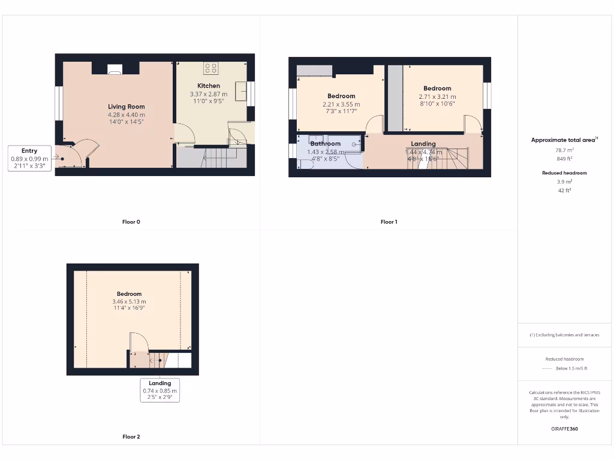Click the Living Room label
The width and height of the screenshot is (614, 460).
click(x=126, y=107)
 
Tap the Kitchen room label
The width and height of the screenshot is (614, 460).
click(x=209, y=86)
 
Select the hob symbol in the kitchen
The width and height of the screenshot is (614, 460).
click(x=210, y=68)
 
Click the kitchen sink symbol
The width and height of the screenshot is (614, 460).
click(x=242, y=92)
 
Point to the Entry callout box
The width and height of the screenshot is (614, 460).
click(x=29, y=158)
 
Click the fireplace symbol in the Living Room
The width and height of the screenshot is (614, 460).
click(x=114, y=71)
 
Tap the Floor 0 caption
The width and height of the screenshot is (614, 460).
click(x=131, y=222)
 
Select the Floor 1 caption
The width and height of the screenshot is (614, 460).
click(x=389, y=222)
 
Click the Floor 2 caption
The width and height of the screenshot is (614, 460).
click(x=131, y=437)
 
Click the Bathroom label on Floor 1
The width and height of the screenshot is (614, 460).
click(x=326, y=144)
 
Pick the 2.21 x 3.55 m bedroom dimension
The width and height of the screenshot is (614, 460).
click(x=341, y=104)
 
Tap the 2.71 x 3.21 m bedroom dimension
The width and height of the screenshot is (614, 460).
click(x=437, y=96)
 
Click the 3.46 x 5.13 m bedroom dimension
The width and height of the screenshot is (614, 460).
click(x=129, y=302)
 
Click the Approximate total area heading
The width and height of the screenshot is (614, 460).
click(x=563, y=140)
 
